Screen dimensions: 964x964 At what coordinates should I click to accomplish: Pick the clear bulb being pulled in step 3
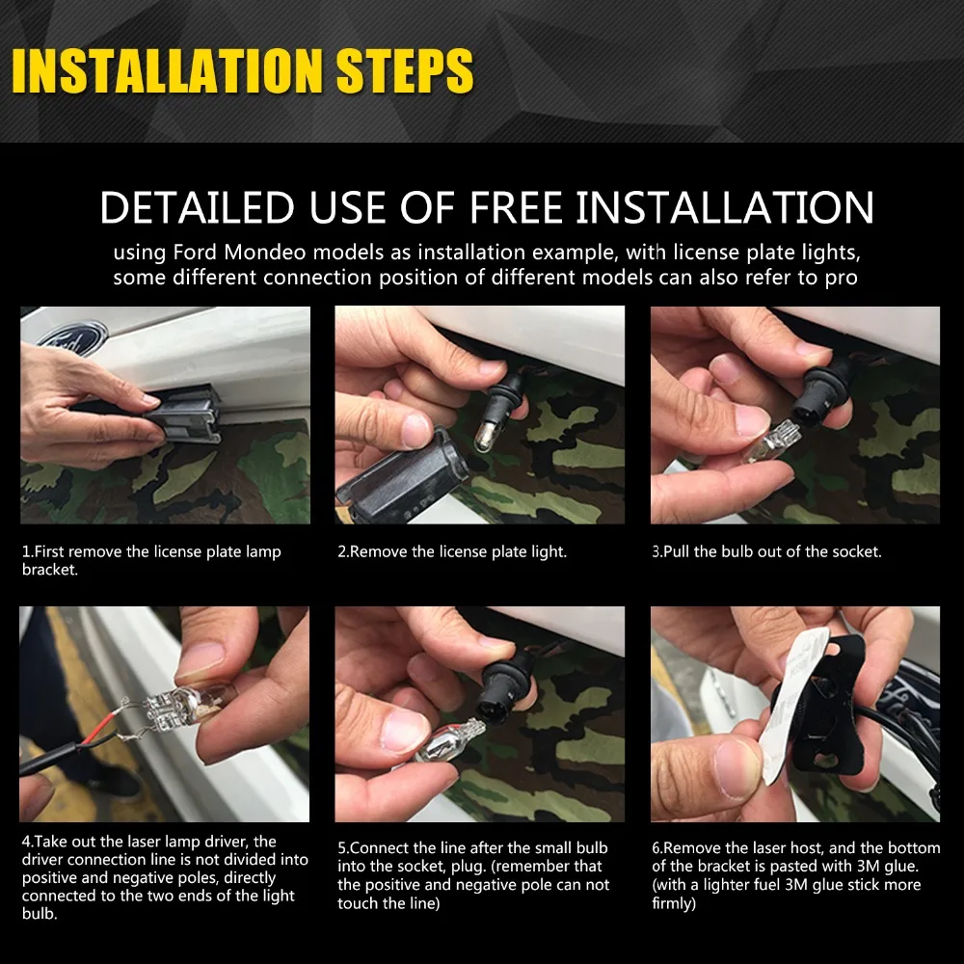pos(771,442)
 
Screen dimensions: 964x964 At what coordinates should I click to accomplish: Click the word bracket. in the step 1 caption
pos(50,570)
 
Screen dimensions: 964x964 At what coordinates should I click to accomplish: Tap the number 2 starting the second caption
pos(341,552)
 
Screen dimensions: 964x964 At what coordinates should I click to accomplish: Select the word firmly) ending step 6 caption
pos(674,904)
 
